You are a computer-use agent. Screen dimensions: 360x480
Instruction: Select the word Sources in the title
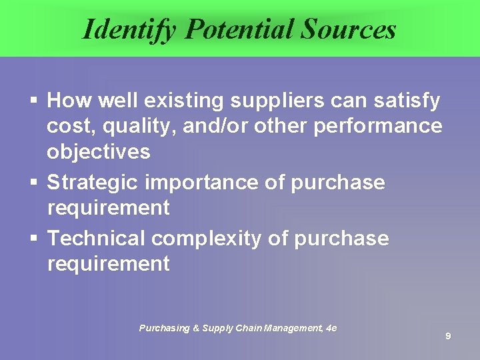pyautogui.click(x=349, y=29)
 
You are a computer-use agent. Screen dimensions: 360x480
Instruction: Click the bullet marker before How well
pyautogui.click(x=33, y=101)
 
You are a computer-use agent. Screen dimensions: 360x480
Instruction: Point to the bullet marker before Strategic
pyautogui.click(x=33, y=183)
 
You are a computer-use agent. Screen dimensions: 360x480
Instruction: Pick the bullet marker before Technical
pyautogui.click(x=33, y=239)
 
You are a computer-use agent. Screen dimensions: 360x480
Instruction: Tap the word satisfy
pyautogui.click(x=407, y=101)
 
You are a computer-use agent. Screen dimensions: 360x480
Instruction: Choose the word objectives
pyautogui.click(x=98, y=151)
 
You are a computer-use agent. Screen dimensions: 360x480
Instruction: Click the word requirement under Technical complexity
pyautogui.click(x=108, y=263)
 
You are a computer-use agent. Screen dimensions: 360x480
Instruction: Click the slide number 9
pyautogui.click(x=448, y=337)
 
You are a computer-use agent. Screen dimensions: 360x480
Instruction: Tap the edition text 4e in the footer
pyautogui.click(x=331, y=328)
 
